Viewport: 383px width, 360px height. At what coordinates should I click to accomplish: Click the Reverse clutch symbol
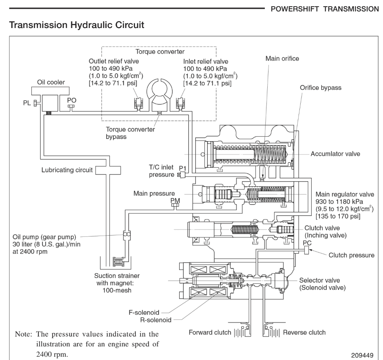coord(273,332)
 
